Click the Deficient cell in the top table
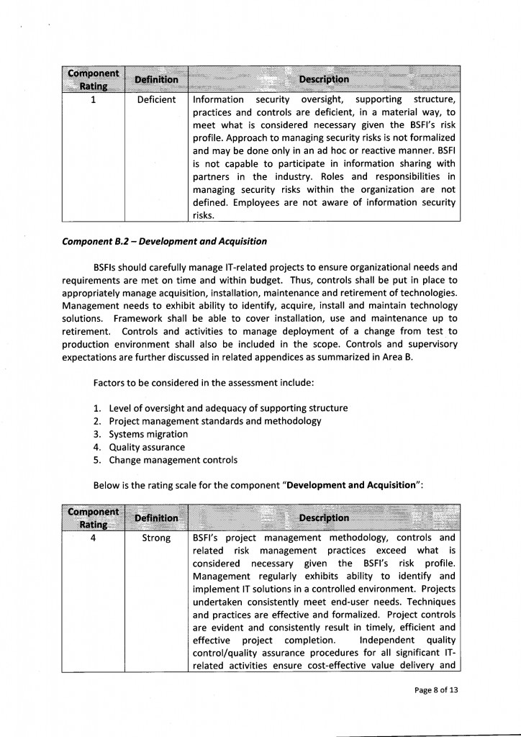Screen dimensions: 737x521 tap(156, 99)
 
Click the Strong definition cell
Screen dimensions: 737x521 tap(156, 537)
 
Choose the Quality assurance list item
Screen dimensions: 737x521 tap(136, 447)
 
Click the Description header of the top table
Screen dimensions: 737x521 tap(324, 79)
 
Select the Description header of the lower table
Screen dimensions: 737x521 tap(324, 517)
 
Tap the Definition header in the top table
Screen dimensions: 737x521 tap(156, 79)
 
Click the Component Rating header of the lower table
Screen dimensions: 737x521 tap(93, 517)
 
